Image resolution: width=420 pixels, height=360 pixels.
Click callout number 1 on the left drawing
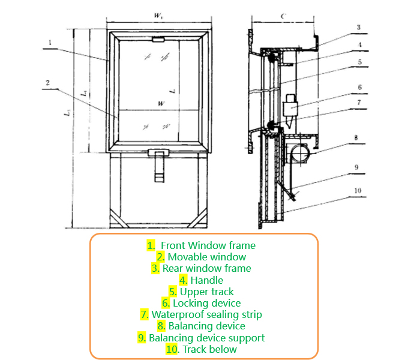(x=52, y=42)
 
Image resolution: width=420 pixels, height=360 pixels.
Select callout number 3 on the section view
(x=358, y=27)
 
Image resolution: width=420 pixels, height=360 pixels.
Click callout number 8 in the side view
(x=355, y=137)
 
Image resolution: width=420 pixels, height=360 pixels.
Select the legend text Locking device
(x=206, y=303)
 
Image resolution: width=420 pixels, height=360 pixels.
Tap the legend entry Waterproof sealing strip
(x=206, y=314)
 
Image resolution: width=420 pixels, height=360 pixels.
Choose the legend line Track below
(x=209, y=349)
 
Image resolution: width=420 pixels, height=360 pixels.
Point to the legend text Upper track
(x=206, y=292)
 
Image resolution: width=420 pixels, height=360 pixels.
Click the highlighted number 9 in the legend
(x=142, y=338)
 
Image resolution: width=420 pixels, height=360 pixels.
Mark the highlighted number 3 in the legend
(x=155, y=268)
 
